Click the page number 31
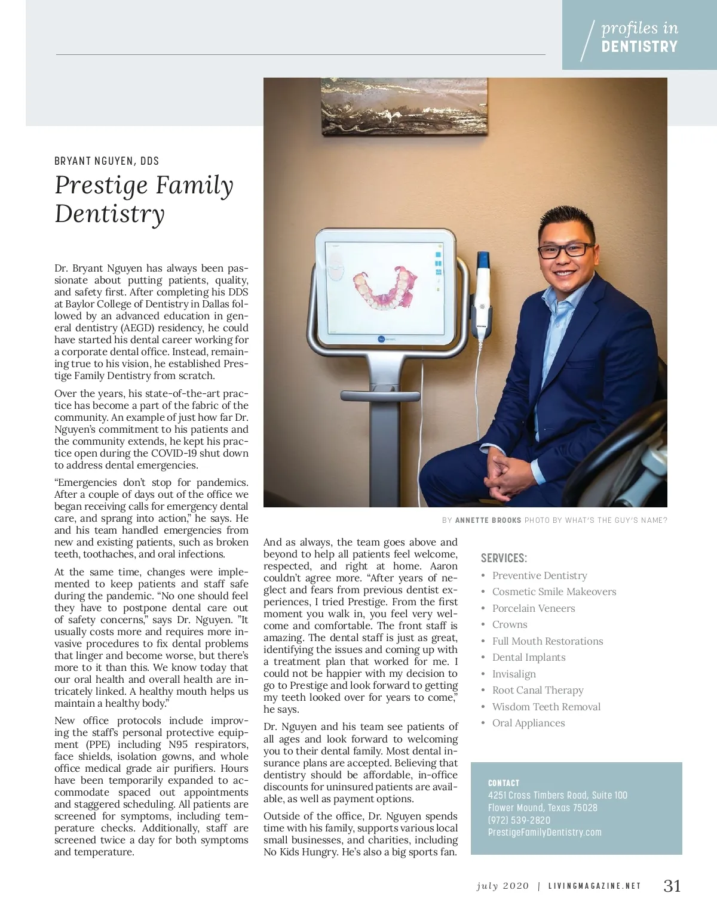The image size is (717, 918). pos(672,886)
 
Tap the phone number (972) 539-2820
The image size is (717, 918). pos(519,820)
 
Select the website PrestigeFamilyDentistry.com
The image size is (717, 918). pos(544,832)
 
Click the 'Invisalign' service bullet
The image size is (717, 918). pos(514,674)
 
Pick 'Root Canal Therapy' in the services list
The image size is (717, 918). pos(537,690)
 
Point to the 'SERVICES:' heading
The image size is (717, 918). pos(504,558)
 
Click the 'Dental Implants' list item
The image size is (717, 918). pos(528,657)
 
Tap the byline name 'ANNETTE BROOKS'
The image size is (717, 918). pos(488,520)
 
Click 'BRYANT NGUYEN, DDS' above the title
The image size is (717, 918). pos(106,161)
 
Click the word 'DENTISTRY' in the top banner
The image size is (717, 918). pos(639,47)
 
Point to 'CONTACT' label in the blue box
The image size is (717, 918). pos(504,783)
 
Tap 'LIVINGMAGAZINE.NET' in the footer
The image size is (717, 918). pos(595,886)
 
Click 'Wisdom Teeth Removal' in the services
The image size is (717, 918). pos(546,707)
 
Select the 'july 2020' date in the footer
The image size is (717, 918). pos(502,886)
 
